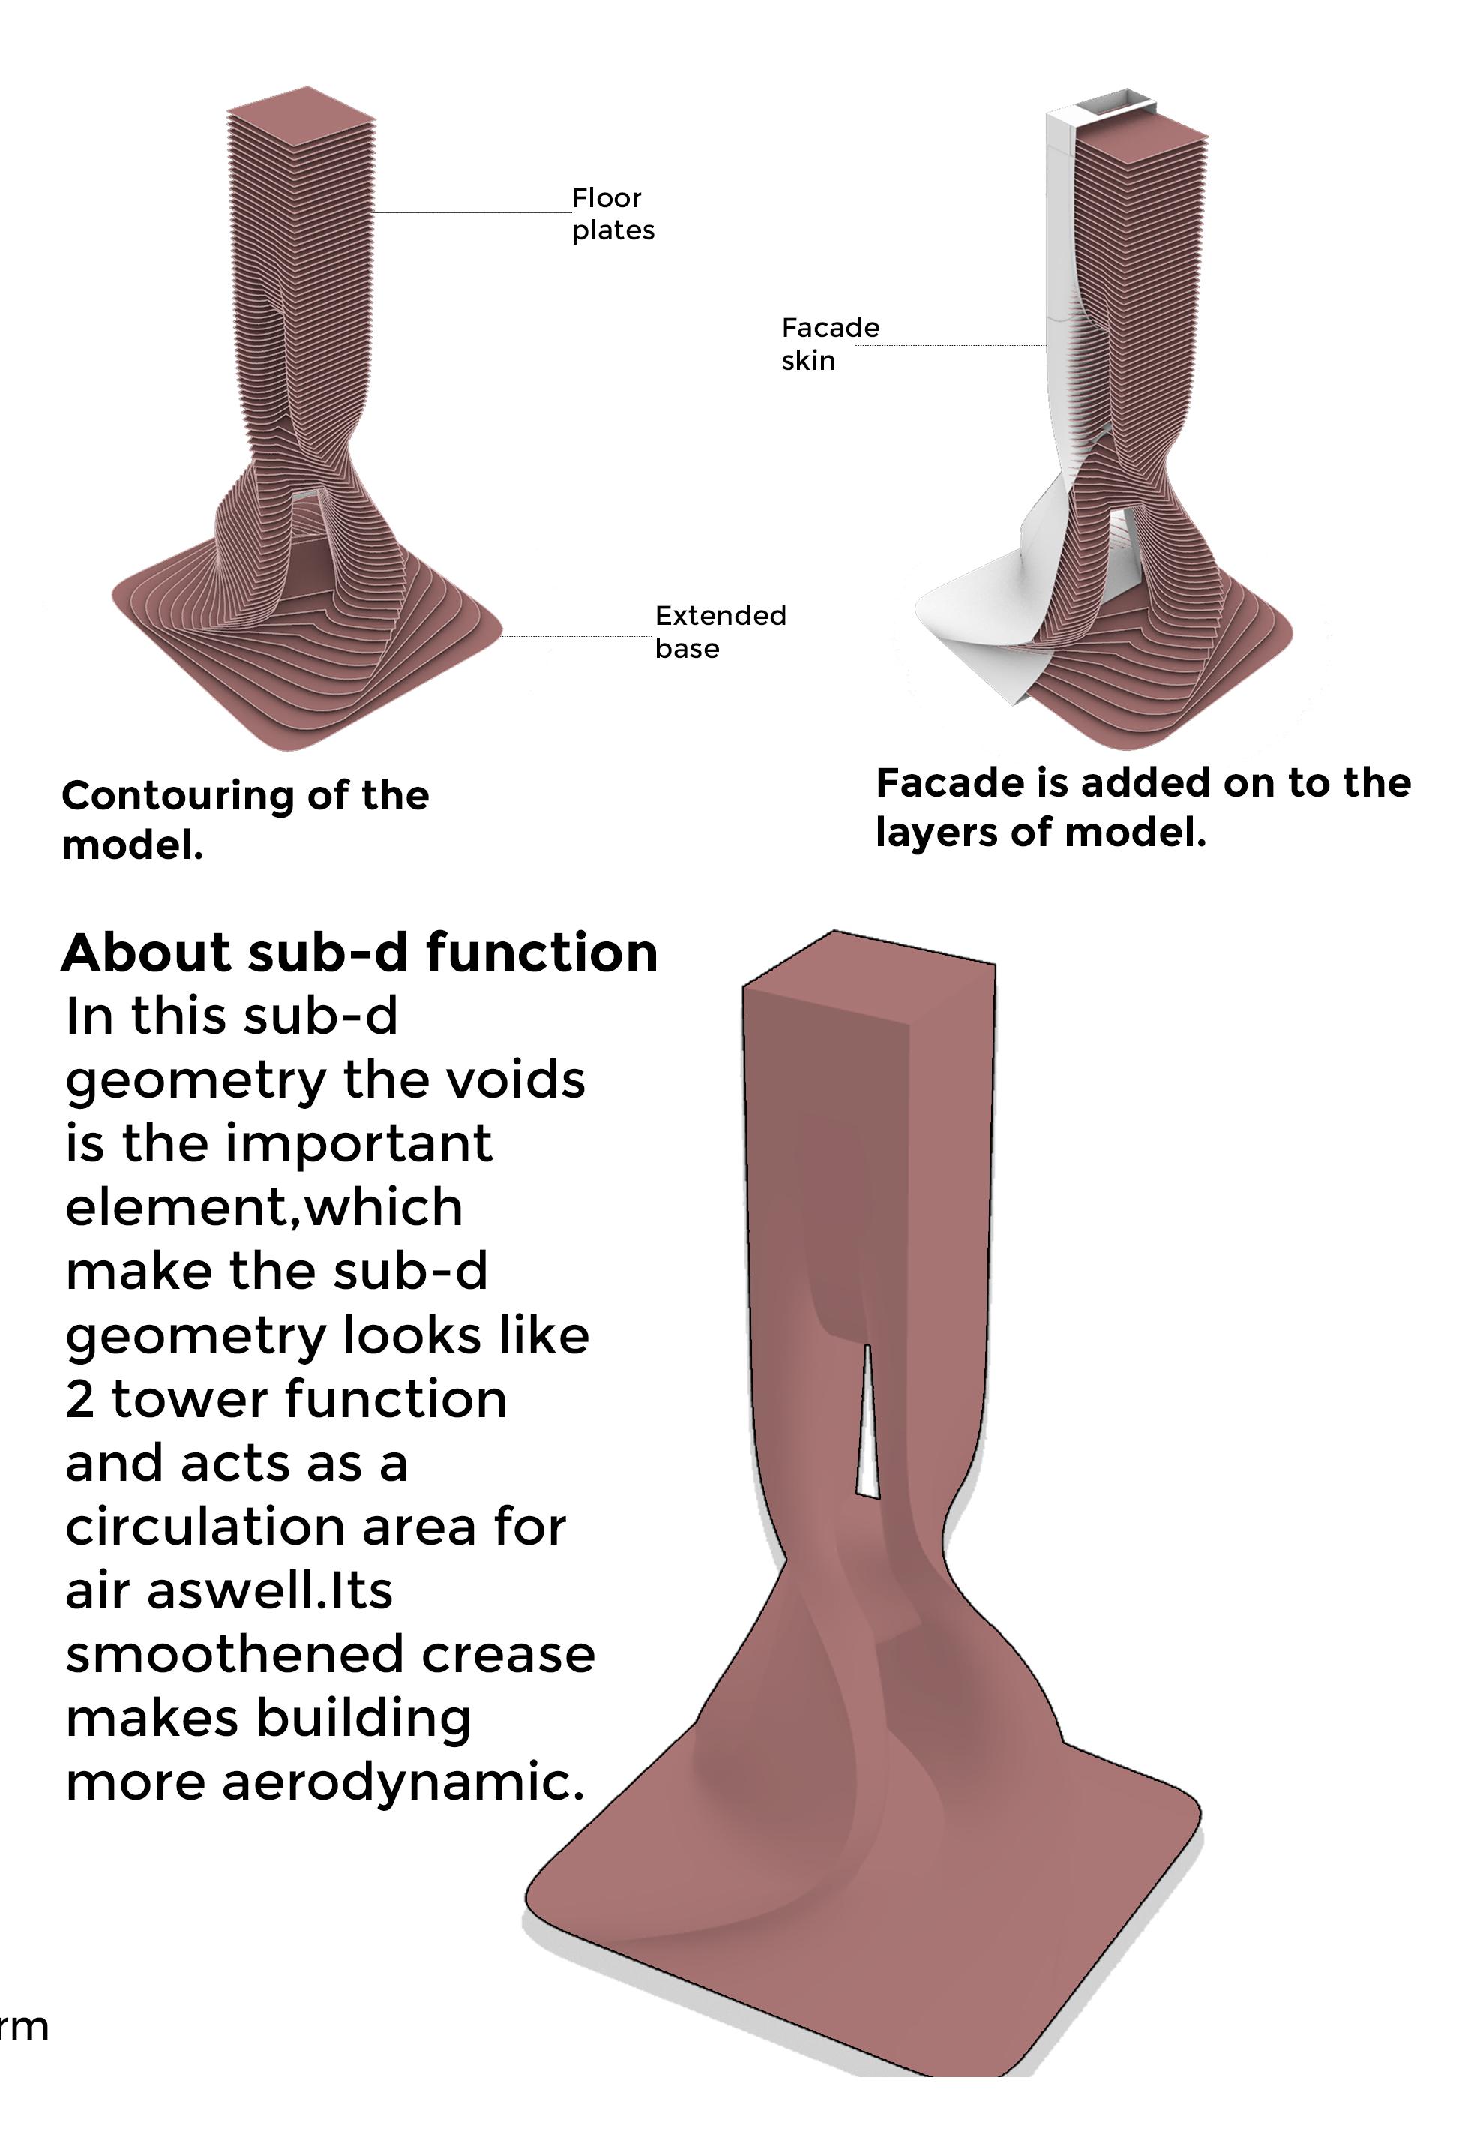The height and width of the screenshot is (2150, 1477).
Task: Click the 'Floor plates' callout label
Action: pyautogui.click(x=612, y=214)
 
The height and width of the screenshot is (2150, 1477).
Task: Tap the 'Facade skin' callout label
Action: pyautogui.click(x=829, y=344)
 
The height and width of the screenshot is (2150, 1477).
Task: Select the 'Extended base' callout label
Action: pyautogui.click(x=720, y=632)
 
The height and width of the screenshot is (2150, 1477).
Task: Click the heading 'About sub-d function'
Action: pyautogui.click(x=359, y=953)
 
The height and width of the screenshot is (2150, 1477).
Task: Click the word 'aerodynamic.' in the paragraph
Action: pyautogui.click(x=403, y=1783)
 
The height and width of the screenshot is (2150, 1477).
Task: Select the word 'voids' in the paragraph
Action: pyautogui.click(x=529, y=1080)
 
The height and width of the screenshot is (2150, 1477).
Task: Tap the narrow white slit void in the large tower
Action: pyautogui.click(x=867, y=1426)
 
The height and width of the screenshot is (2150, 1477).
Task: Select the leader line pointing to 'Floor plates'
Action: pyautogui.click(x=472, y=213)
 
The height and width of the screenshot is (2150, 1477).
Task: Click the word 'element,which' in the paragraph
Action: pyautogui.click(x=264, y=1208)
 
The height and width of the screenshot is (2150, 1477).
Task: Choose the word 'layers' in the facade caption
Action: pyautogui.click(x=936, y=833)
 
